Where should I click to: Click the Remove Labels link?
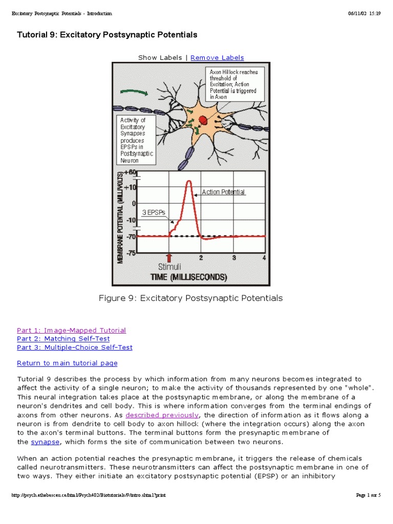pos(217,58)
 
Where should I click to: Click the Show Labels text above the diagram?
pos(160,58)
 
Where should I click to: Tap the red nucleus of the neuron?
pos(203,120)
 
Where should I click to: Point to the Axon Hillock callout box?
pos(233,83)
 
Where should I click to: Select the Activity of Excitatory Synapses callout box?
pos(136,140)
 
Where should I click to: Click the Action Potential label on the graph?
pos(223,192)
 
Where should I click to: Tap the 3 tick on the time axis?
pos(234,257)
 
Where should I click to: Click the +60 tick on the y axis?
pos(130,172)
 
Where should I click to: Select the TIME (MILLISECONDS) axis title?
pos(188,277)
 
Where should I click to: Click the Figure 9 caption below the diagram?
pos(190,298)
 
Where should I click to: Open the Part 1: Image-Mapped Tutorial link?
pos(71,330)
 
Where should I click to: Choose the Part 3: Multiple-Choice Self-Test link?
pos(74,347)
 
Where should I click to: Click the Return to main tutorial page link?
pos(67,363)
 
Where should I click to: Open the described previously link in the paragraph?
pos(162,414)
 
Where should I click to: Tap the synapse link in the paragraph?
pos(45,442)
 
